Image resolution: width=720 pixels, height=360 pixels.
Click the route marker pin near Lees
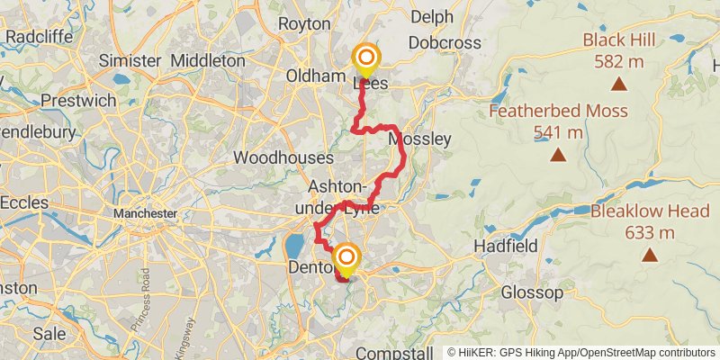(365, 60)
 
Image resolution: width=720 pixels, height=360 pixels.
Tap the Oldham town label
(316, 76)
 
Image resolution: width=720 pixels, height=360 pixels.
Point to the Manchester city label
(145, 213)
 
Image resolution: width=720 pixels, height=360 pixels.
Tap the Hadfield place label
(507, 246)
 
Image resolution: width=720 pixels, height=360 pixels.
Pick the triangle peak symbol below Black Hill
(619, 85)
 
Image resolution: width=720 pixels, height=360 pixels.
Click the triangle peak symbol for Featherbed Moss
(559, 155)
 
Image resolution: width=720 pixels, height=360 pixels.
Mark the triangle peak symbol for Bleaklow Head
(650, 255)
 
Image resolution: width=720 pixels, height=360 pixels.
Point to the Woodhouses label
(277, 157)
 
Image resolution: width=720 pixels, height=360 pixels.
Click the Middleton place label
(207, 60)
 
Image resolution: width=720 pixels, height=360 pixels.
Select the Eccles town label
(23, 202)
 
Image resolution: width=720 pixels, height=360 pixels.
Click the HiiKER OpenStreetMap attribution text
(581, 353)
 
